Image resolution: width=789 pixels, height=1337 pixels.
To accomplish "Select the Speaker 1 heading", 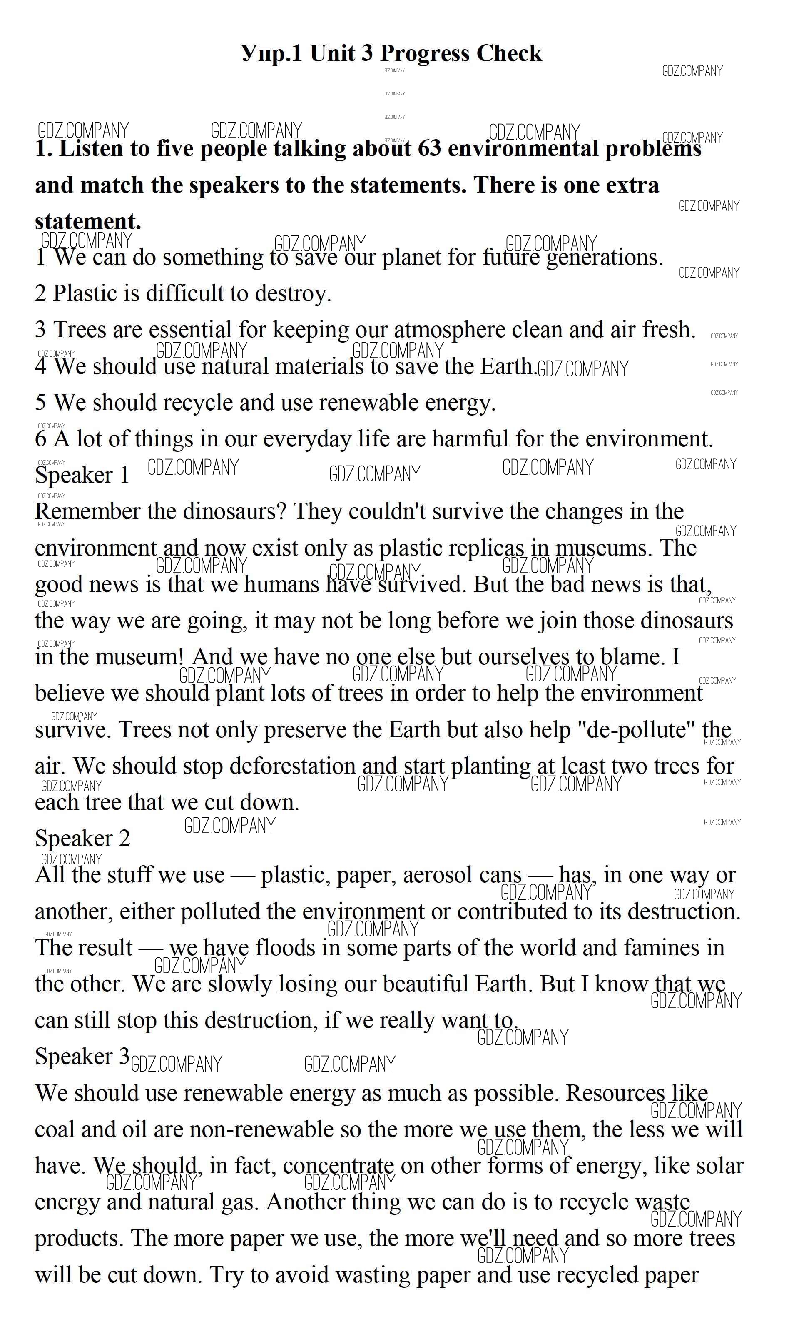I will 82,475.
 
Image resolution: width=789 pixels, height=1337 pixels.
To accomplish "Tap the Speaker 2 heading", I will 82,839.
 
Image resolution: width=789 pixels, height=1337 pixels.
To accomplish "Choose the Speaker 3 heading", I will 82,1057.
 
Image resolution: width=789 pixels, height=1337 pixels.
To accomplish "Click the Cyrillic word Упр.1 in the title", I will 271,54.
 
